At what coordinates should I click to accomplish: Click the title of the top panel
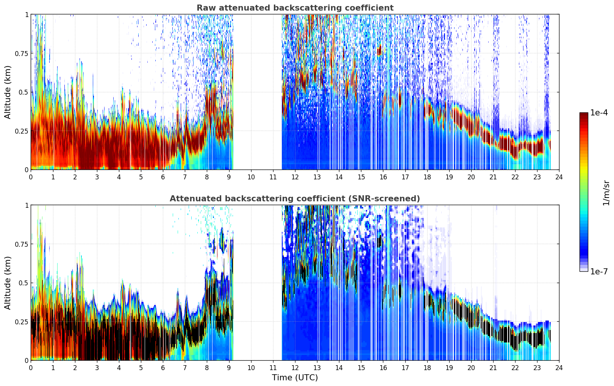pyautogui.click(x=295, y=8)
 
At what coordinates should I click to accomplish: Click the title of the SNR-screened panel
pyautogui.click(x=295, y=198)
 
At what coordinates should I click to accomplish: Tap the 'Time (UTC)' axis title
pyautogui.click(x=295, y=378)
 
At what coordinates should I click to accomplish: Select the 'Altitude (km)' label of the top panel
pyautogui.click(x=8, y=92)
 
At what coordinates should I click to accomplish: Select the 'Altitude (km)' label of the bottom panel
pyautogui.click(x=8, y=283)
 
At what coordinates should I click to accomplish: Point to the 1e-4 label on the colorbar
pyautogui.click(x=599, y=112)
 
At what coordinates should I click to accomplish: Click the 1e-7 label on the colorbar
pyautogui.click(x=599, y=272)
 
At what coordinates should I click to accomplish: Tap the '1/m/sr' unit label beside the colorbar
pyautogui.click(x=606, y=193)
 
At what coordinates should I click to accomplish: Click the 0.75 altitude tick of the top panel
pyautogui.click(x=22, y=53)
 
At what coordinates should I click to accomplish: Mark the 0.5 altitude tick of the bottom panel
pyautogui.click(x=23, y=283)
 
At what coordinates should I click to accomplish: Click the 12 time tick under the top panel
pyautogui.click(x=295, y=177)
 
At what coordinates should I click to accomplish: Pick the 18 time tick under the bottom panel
pyautogui.click(x=427, y=368)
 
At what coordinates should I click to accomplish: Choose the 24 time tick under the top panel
pyautogui.click(x=559, y=177)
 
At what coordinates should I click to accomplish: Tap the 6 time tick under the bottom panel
pyautogui.click(x=163, y=368)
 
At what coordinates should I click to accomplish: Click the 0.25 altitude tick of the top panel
pyautogui.click(x=22, y=131)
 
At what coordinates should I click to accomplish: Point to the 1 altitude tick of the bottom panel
pyautogui.click(x=27, y=205)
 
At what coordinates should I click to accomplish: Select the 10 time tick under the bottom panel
pyautogui.click(x=251, y=368)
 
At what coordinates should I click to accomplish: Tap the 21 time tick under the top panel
pyautogui.click(x=493, y=177)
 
